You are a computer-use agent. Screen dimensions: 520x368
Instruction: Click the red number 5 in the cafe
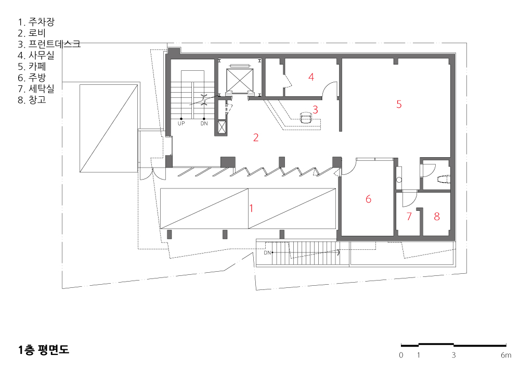tap(399, 104)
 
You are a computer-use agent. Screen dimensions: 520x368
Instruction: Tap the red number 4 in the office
tap(311, 77)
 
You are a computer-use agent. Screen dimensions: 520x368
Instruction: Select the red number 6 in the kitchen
tap(369, 199)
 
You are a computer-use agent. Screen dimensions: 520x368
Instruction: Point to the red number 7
tap(409, 217)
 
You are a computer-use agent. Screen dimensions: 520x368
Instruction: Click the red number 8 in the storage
tap(437, 217)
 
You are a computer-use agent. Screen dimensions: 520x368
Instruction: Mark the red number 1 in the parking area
tap(251, 208)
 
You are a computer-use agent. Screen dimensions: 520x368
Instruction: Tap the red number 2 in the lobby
tap(256, 137)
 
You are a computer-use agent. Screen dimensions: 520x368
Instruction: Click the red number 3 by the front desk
tap(316, 109)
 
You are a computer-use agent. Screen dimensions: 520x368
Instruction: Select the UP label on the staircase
tap(181, 123)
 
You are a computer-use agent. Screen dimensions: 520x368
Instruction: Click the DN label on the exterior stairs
tap(267, 253)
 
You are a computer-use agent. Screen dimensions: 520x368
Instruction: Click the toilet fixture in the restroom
tap(444, 179)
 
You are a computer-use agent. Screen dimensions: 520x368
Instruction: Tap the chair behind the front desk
tap(306, 118)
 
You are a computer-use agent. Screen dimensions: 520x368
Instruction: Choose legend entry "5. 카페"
tap(32, 67)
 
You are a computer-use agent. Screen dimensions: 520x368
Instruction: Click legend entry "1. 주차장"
tap(36, 22)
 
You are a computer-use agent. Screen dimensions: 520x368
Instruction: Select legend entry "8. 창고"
tap(32, 99)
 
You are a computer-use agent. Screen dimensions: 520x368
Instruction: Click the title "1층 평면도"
tap(44, 350)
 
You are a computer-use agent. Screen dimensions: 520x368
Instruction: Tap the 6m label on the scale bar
tap(506, 355)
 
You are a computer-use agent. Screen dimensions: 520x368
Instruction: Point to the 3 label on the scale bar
tap(453, 355)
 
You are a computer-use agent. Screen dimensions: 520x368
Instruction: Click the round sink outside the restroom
tap(399, 180)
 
